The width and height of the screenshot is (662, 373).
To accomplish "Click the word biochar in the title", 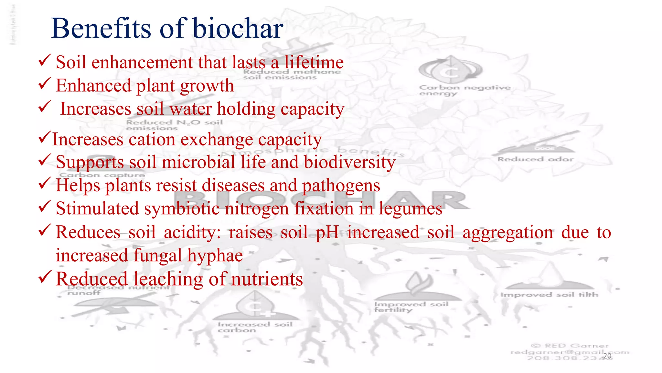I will click(x=238, y=28).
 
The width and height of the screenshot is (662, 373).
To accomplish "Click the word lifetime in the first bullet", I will click(x=314, y=62).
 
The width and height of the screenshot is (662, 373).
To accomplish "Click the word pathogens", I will click(x=341, y=186).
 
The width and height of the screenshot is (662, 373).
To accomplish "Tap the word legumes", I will click(x=411, y=209).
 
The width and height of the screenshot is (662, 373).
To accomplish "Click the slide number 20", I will click(x=607, y=356).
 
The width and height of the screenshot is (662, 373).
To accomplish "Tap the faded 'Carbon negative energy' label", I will click(x=464, y=90).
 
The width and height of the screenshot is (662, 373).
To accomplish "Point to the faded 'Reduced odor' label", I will click(x=535, y=159).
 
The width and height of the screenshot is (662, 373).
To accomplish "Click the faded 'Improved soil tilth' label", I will click(x=549, y=295).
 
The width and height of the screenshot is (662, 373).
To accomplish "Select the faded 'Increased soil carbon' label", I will click(x=255, y=327).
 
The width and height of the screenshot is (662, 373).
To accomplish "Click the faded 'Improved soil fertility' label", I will click(x=411, y=307).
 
